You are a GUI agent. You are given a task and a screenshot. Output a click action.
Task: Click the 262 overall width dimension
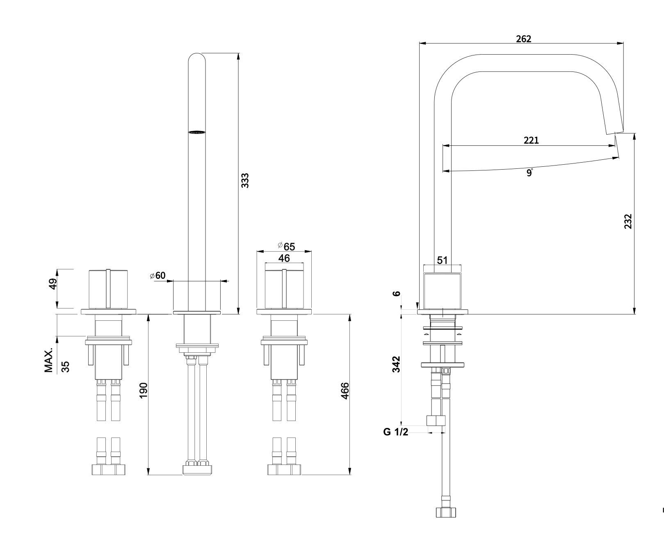coord(523,39)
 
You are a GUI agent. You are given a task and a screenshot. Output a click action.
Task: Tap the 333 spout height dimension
coord(245,181)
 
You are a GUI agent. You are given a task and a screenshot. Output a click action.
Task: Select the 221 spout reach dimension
coord(531,140)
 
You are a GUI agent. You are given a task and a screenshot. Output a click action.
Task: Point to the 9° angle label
coord(529,172)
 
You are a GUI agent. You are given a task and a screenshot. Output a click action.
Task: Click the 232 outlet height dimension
coord(628,221)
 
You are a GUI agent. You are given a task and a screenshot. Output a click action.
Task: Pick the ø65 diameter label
coord(286,246)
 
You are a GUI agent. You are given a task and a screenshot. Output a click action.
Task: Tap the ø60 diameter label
coord(157,275)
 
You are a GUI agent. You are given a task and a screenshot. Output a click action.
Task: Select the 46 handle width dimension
coord(284,258)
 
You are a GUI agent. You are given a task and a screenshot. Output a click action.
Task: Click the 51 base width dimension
coord(442,260)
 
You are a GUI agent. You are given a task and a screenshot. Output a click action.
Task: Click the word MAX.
coord(49,361)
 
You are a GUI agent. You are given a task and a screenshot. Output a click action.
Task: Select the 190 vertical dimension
coord(143,390)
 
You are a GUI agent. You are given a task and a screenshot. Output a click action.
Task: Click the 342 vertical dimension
coord(396,364)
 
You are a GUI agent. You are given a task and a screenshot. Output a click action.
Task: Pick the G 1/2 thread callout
coord(396,432)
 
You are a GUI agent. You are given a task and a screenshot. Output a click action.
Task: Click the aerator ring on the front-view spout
coord(196,132)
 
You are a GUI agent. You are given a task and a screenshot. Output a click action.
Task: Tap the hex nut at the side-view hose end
coord(445,512)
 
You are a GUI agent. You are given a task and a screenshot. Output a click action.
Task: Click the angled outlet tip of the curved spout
coord(614,133)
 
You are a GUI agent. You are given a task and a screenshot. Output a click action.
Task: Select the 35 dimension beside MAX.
coord(65,366)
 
